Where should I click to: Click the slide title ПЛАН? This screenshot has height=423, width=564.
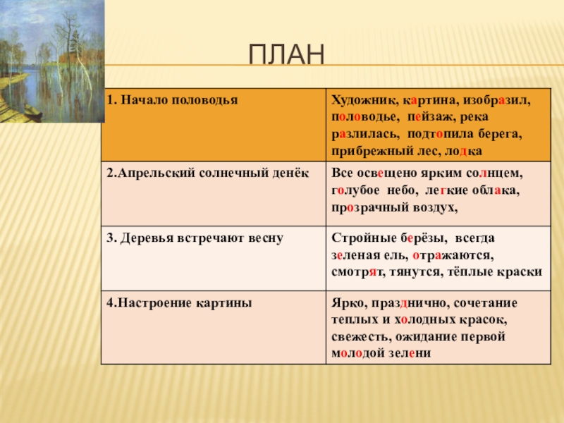pos(287,54)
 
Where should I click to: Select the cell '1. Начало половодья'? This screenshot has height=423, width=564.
pos(214,125)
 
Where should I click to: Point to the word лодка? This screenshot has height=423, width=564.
pos(463,151)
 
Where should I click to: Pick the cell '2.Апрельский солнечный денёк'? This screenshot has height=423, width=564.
pos(214,193)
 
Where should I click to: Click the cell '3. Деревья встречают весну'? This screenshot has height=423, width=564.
pos(214,258)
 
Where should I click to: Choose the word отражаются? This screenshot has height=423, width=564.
pos(453,256)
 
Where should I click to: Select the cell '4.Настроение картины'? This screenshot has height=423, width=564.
pos(214,327)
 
